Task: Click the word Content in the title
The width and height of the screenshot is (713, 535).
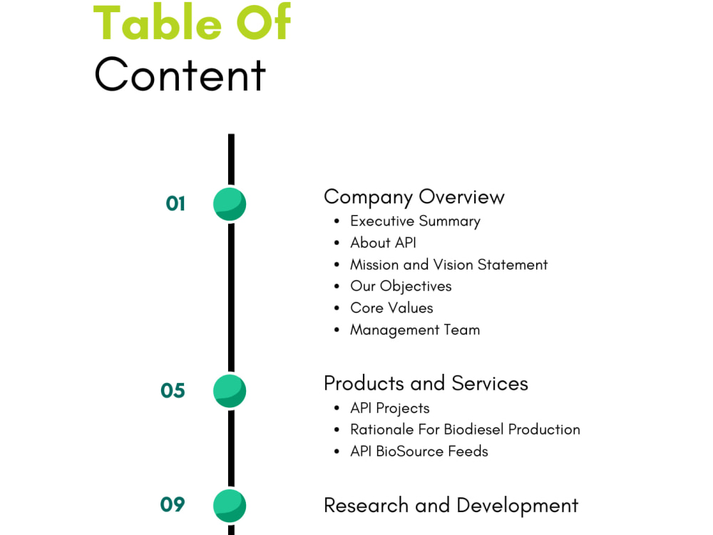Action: pyautogui.click(x=180, y=74)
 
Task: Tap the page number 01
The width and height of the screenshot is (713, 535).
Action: pyautogui.click(x=175, y=204)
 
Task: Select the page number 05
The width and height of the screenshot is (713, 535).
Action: pyautogui.click(x=173, y=391)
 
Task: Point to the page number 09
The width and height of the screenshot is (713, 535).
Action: pyautogui.click(x=173, y=504)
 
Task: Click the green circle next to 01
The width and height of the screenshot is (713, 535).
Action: pyautogui.click(x=230, y=204)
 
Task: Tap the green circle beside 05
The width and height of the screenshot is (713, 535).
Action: pyautogui.click(x=230, y=391)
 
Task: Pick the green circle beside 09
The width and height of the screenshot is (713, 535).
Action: pyautogui.click(x=230, y=506)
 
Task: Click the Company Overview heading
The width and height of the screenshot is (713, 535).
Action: pyautogui.click(x=414, y=198)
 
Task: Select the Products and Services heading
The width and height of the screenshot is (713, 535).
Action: pyautogui.click(x=426, y=383)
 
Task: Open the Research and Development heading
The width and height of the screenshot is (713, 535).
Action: pyautogui.click(x=451, y=506)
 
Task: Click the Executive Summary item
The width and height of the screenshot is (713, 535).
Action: pyautogui.click(x=415, y=222)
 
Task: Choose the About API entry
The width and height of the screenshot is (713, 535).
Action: pyautogui.click(x=384, y=243)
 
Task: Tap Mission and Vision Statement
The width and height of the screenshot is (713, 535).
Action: pyautogui.click(x=448, y=265)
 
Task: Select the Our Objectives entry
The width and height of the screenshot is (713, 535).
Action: pyautogui.click(x=401, y=287)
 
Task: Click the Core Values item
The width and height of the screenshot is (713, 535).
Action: pyautogui.click(x=391, y=308)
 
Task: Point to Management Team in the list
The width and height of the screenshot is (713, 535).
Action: pyautogui.click(x=415, y=330)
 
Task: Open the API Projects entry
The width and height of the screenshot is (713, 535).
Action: pyautogui.click(x=390, y=409)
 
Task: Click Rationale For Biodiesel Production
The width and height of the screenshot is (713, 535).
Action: pyautogui.click(x=465, y=429)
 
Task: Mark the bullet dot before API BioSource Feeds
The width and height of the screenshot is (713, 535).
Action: pyautogui.click(x=337, y=452)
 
